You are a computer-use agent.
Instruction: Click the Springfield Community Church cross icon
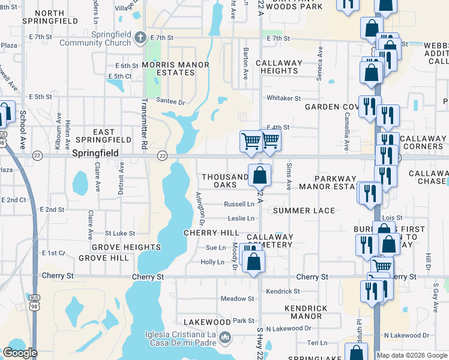(x=140, y=38)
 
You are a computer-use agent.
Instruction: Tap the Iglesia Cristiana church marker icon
(x=225, y=338)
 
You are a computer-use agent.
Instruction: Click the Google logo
(x=20, y=353)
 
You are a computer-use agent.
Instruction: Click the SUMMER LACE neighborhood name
(x=304, y=211)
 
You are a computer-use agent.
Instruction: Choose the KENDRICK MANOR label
(x=306, y=312)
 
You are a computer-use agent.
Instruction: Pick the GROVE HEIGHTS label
(x=126, y=247)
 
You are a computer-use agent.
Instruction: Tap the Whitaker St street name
(x=283, y=98)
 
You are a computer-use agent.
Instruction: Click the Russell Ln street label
(x=239, y=204)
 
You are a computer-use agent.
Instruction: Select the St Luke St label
(x=119, y=233)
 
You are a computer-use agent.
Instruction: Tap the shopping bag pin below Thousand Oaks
(x=260, y=176)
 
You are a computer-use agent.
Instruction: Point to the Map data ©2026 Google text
(x=412, y=355)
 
